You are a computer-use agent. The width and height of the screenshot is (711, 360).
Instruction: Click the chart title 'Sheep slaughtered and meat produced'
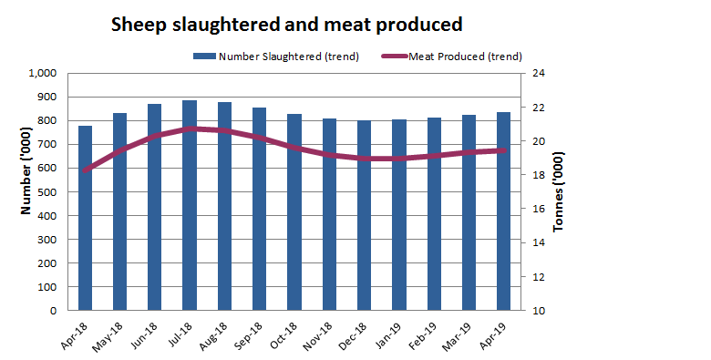[x=286, y=24]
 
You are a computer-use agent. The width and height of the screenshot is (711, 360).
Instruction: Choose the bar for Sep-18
[x=260, y=209]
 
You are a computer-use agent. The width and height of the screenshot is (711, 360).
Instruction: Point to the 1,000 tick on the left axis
[x=42, y=73]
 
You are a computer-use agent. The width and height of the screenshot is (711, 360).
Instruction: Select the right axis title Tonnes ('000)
[x=559, y=193]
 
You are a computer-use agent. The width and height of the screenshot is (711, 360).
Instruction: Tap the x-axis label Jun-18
[x=147, y=334]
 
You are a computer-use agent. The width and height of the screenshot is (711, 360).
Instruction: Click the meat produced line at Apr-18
[x=85, y=170]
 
